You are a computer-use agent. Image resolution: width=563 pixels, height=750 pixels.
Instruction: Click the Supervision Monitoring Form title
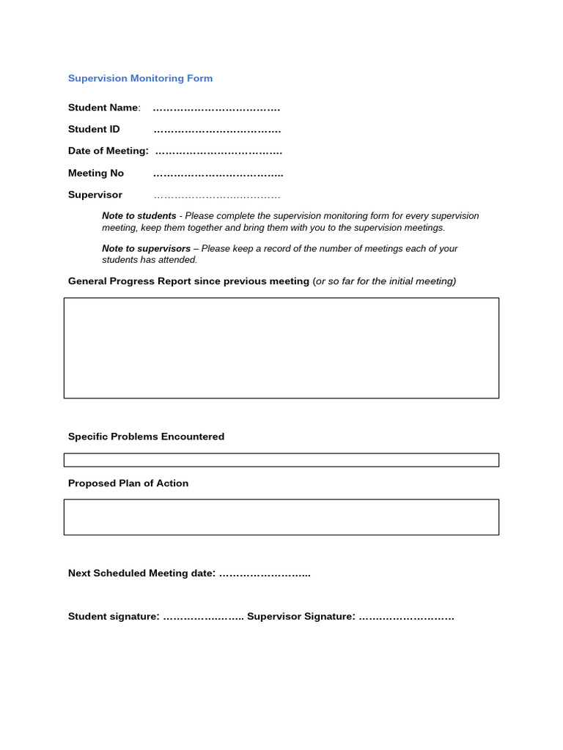click(140, 78)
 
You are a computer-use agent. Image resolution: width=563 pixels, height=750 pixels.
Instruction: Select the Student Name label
click(103, 108)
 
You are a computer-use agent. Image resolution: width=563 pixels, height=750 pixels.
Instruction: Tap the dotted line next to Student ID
click(217, 130)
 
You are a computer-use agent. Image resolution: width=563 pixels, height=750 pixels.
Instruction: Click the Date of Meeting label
click(108, 151)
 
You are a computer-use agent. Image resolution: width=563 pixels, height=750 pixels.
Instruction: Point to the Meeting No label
click(96, 174)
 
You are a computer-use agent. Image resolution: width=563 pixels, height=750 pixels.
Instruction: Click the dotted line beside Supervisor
click(217, 196)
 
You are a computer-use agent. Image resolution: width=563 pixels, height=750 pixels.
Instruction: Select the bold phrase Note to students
click(139, 216)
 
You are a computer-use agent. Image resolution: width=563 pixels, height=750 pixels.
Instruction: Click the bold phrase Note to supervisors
click(146, 249)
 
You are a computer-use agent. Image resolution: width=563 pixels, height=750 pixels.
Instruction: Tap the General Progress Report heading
click(188, 281)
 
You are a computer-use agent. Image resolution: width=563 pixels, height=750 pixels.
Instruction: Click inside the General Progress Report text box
click(281, 348)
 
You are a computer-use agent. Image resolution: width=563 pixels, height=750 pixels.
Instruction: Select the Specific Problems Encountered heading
click(146, 437)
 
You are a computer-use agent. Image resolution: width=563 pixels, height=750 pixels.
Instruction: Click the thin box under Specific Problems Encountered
click(281, 460)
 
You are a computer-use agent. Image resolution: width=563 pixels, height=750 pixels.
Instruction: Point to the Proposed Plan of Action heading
click(128, 483)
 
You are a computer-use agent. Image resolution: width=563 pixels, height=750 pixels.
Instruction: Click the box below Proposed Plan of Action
click(281, 517)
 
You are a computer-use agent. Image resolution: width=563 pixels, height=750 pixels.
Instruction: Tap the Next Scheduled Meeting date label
click(141, 573)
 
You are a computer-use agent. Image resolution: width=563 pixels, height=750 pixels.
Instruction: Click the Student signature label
click(114, 617)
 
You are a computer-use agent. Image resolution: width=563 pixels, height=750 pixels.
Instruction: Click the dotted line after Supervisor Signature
click(407, 617)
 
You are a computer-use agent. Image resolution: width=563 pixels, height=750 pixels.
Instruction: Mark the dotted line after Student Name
click(216, 108)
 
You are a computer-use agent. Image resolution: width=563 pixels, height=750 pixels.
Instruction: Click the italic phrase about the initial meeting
click(386, 281)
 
